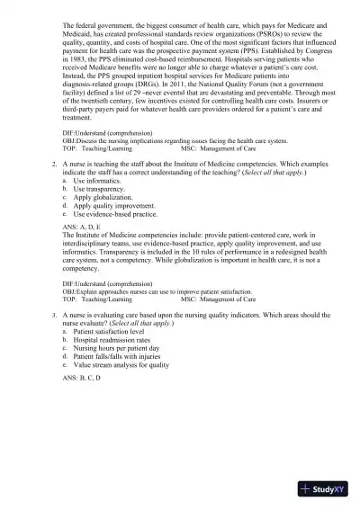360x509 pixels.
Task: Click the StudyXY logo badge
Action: point(325,488)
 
